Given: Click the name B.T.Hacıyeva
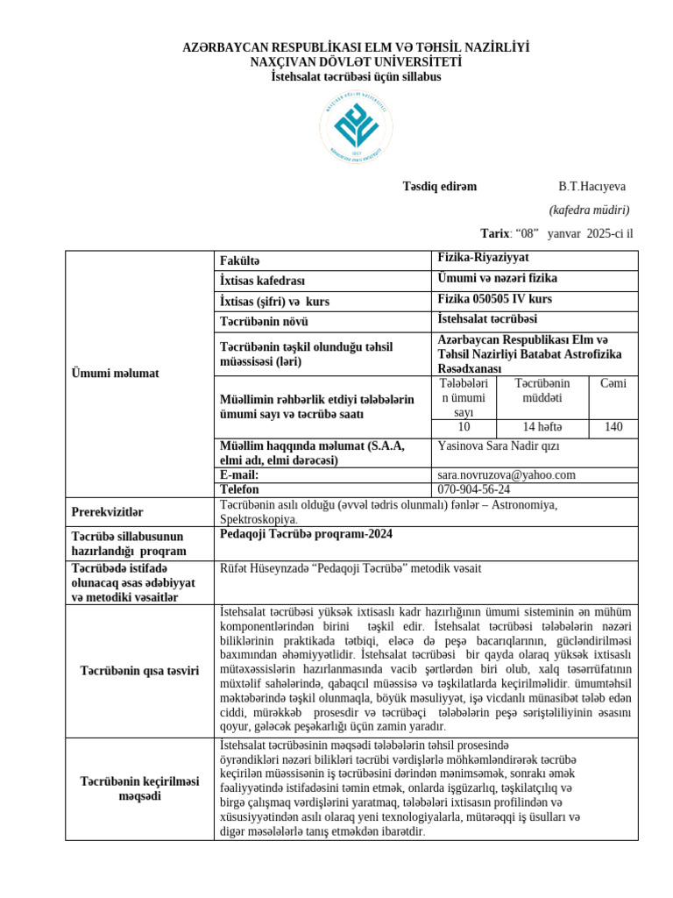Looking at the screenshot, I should [592, 186].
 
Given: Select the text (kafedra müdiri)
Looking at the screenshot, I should [589, 210].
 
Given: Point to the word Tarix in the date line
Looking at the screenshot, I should [495, 233].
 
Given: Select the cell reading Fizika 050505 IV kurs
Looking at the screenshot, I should [494, 299].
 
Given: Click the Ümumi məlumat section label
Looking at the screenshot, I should [115, 374].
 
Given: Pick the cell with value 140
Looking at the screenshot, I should [613, 427].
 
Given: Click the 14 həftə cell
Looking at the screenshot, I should [542, 427].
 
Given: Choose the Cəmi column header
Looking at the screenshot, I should [613, 383].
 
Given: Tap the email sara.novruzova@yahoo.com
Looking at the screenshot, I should [507, 474].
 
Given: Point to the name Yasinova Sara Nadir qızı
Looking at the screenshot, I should [498, 445].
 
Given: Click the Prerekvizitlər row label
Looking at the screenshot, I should [107, 511].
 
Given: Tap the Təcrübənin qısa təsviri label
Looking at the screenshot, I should [140, 671].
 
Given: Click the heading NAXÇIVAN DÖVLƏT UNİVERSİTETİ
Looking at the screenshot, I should [356, 62].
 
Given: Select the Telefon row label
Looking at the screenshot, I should [241, 488].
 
